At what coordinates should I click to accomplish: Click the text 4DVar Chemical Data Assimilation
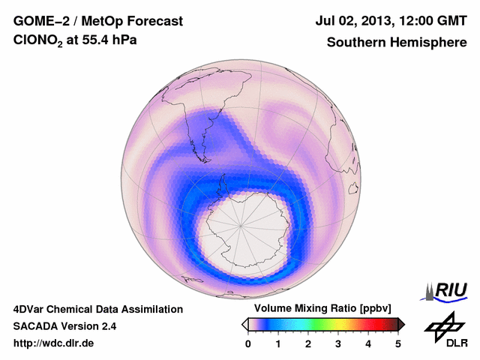(x=98, y=309)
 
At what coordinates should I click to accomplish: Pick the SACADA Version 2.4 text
(x=64, y=326)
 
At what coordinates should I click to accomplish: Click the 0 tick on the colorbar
(x=248, y=343)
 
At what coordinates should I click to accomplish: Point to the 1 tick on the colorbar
(x=278, y=343)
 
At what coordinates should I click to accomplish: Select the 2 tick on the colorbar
(x=308, y=343)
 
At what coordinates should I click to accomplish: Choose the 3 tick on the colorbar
(x=338, y=343)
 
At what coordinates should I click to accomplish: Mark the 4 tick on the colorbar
(x=368, y=343)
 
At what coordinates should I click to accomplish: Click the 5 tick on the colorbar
(x=398, y=343)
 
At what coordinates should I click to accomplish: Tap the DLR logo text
(x=447, y=343)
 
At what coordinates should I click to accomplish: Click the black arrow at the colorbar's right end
(x=401, y=324)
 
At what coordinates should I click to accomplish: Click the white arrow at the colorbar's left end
(x=244, y=324)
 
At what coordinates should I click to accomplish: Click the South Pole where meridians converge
(x=241, y=224)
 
